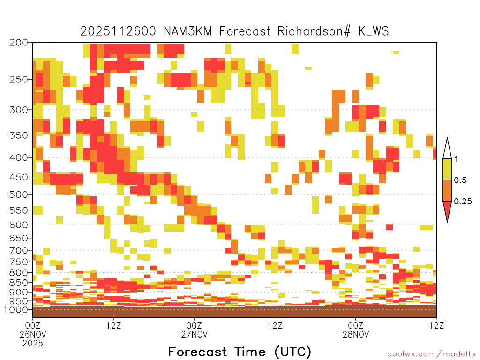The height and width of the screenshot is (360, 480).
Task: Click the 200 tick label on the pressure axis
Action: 19,43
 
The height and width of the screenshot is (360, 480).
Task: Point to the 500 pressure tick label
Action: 19,195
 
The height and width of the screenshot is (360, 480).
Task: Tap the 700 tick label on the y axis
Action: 19,251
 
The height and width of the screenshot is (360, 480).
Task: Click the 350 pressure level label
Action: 19,135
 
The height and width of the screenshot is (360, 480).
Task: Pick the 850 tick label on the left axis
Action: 19,283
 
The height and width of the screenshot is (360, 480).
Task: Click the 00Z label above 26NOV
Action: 33,325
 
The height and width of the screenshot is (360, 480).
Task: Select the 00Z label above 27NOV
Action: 194,325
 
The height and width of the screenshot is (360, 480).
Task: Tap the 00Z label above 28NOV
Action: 356,325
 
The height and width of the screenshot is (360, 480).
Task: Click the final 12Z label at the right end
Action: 436,325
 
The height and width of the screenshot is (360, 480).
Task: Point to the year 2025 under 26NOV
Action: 33,344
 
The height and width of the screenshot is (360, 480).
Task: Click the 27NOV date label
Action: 194,334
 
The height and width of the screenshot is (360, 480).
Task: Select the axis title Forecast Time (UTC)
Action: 240,352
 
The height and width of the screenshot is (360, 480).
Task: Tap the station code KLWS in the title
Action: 374,31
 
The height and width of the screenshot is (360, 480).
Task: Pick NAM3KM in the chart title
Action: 187,31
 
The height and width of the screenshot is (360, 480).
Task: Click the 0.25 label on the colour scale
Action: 463,202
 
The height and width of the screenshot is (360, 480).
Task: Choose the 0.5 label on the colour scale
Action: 460,180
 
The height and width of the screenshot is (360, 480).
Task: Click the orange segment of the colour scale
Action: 447,191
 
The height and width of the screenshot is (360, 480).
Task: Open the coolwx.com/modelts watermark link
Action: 432,354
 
